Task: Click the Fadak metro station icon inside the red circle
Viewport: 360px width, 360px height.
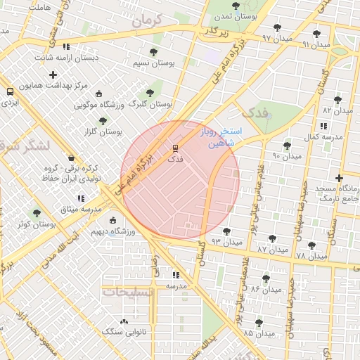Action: [176, 148]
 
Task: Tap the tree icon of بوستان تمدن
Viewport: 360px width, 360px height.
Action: [236, 6]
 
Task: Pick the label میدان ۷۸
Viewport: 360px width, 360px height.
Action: [311, 255]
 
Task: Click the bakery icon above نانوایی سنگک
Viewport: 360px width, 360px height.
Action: [124, 321]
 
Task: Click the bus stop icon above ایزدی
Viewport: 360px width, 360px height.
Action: [10, 91]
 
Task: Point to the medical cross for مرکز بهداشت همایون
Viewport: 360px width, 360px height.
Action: [53, 75]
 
